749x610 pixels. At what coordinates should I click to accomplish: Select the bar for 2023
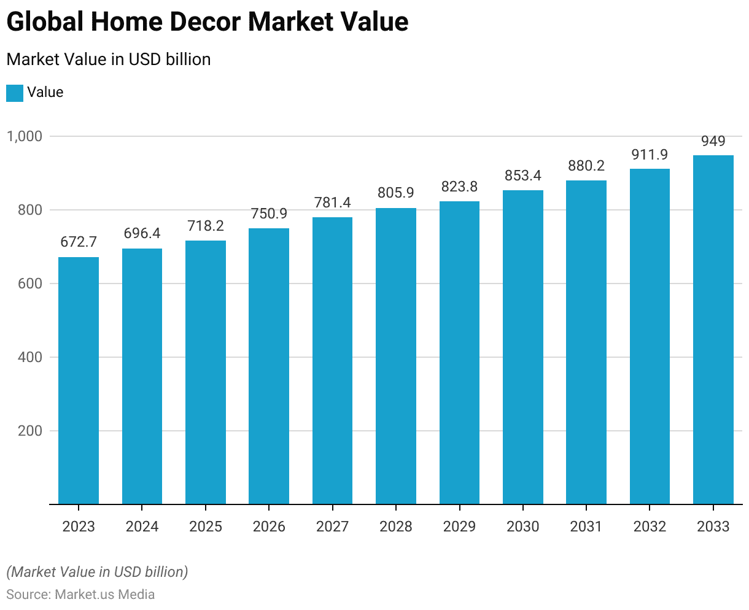pyautogui.click(x=79, y=380)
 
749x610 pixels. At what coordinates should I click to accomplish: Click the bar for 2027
pyautogui.click(x=332, y=361)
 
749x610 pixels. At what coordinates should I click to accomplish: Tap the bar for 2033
pyautogui.click(x=713, y=330)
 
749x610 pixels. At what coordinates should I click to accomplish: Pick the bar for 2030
pyautogui.click(x=523, y=347)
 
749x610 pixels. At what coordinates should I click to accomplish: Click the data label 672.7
pyautogui.click(x=79, y=242)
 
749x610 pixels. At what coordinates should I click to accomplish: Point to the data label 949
pyautogui.click(x=713, y=141)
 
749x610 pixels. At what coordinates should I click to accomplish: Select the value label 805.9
pyautogui.click(x=396, y=193)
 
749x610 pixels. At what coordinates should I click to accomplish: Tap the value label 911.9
pyautogui.click(x=650, y=154)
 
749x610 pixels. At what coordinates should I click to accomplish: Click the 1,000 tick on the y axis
pyautogui.click(x=24, y=136)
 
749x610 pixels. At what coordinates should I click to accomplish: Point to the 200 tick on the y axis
pyautogui.click(x=30, y=431)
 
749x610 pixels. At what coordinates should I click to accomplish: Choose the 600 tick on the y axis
pyautogui.click(x=30, y=284)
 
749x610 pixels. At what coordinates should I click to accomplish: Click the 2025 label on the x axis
pyautogui.click(x=206, y=527)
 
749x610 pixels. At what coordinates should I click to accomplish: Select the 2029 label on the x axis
pyautogui.click(x=459, y=527)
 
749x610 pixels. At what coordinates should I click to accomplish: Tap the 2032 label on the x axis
pyautogui.click(x=650, y=527)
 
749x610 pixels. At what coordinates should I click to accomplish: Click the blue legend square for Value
pyautogui.click(x=15, y=93)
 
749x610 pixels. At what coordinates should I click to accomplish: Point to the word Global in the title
pyautogui.click(x=45, y=22)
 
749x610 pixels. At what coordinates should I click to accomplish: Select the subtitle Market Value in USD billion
pyautogui.click(x=109, y=60)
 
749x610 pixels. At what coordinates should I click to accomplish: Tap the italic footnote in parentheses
pyautogui.click(x=97, y=572)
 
